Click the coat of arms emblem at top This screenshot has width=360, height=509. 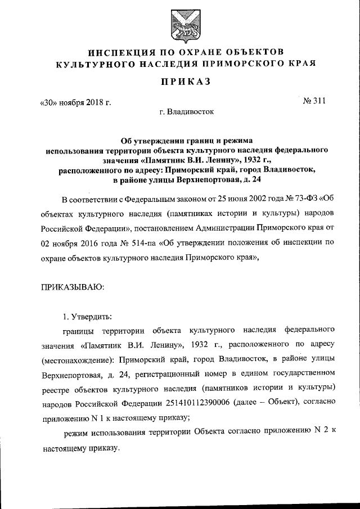(x=180, y=26)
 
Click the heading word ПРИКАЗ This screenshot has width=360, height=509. (x=180, y=82)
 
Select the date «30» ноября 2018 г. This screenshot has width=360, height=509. (x=74, y=102)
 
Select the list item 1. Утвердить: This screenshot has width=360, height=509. (x=88, y=313)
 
